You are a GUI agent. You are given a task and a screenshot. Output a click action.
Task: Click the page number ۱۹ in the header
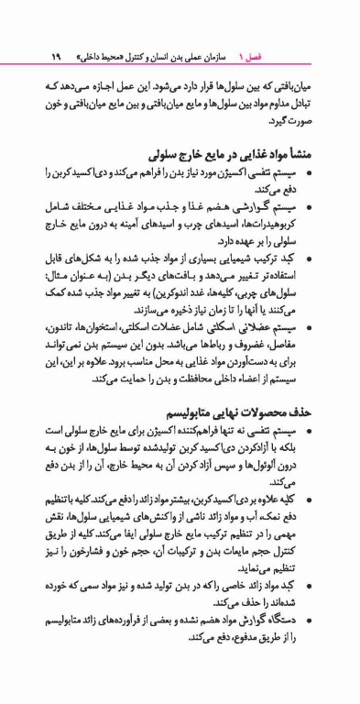coord(56,55)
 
